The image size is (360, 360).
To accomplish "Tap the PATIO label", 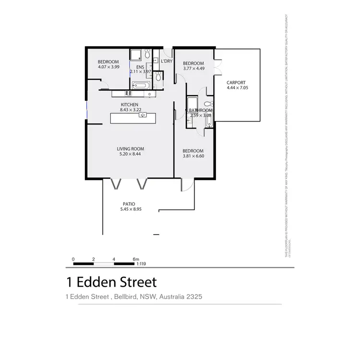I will [x=128, y=204].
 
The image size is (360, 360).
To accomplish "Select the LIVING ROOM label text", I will [x=131, y=149].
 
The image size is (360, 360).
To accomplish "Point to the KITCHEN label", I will [x=130, y=105].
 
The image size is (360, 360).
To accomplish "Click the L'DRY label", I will [x=167, y=61].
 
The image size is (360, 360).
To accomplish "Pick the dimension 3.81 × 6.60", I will [x=193, y=156].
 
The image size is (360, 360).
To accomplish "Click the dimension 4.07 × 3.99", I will [x=108, y=67].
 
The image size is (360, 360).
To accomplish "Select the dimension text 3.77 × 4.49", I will [x=193, y=69].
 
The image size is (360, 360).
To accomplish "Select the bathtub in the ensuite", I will [x=142, y=86].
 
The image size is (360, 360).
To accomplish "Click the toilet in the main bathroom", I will [x=208, y=104].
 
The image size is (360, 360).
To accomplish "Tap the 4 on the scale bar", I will [x=114, y=259].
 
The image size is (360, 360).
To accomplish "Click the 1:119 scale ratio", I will [x=141, y=264].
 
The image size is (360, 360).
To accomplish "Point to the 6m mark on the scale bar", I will [x=136, y=259].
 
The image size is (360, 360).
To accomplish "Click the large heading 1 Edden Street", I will [x=111, y=281].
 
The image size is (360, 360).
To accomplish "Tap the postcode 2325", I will [x=193, y=297].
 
